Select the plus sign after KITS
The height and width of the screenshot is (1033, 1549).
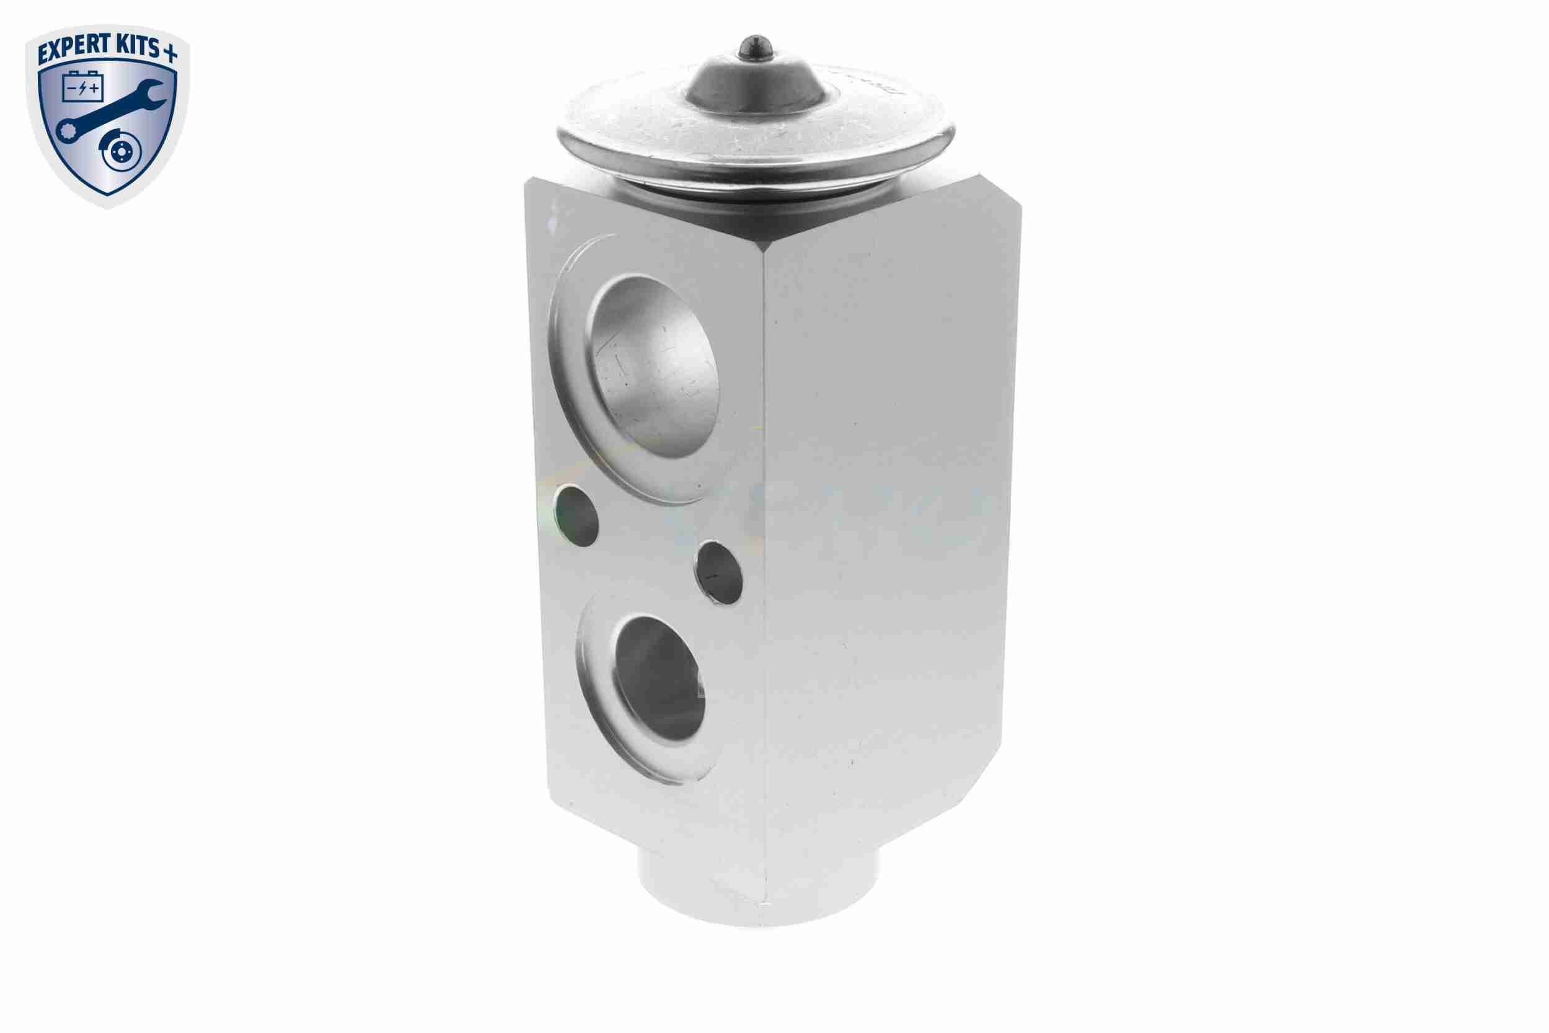pos(170,54)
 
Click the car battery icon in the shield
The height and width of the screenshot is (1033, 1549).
pos(83,86)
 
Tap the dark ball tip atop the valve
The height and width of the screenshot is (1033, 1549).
pos(755,47)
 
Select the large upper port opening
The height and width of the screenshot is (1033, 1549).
pos(655,366)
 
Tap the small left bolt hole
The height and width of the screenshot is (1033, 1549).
pos(576,516)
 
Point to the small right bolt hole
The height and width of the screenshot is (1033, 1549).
pos(719,572)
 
